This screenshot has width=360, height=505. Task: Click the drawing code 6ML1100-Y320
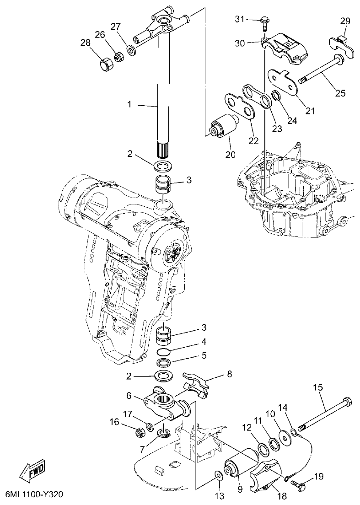(34, 495)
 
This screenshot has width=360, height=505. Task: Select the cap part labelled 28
(107, 64)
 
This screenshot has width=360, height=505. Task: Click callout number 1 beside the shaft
(130, 105)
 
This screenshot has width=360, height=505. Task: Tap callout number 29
(344, 21)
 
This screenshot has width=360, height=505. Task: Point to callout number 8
(229, 374)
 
